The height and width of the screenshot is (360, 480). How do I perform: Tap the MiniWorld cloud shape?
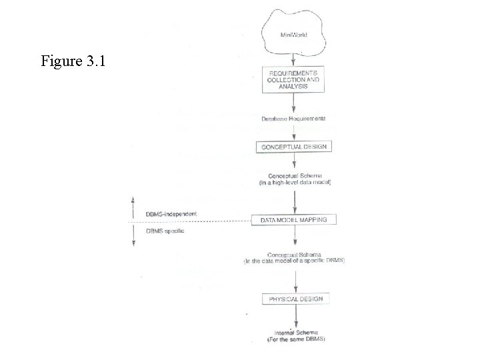(x=294, y=33)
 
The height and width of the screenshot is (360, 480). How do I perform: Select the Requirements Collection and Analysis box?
(x=294, y=79)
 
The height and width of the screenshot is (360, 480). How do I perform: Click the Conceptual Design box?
(x=294, y=146)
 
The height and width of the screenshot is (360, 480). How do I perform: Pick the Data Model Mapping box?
(x=294, y=219)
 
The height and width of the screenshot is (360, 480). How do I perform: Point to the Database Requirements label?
(x=294, y=118)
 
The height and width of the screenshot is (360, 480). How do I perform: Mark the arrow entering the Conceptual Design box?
(x=294, y=133)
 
